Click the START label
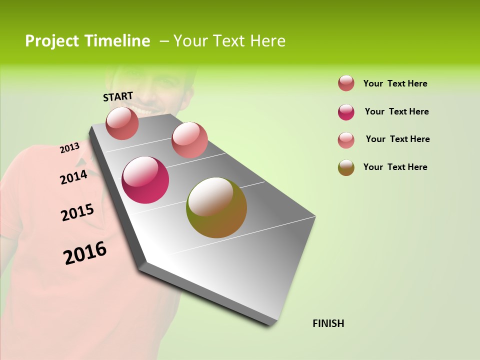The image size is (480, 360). click(118, 96)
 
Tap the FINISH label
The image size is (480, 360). click(328, 323)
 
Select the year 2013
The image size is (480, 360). click(69, 148)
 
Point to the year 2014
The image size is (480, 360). click(73, 177)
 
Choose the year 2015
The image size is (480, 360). click(77, 212)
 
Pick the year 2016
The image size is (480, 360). click(85, 252)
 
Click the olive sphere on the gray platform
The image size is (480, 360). click(216, 207)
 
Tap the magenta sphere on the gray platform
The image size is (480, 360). click(145, 180)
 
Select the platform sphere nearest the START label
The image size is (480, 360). click(122, 123)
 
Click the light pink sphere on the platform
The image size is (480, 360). click(189, 140)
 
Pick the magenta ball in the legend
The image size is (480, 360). click(346, 112)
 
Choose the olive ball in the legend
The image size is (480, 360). click(346, 167)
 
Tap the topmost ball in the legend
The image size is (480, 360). click(346, 83)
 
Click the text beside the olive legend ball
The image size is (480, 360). click(395, 167)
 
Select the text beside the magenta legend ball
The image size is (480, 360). click(396, 111)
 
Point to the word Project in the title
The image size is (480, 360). click(52, 41)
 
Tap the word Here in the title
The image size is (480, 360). click(267, 41)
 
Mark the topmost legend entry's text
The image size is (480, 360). click(395, 83)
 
